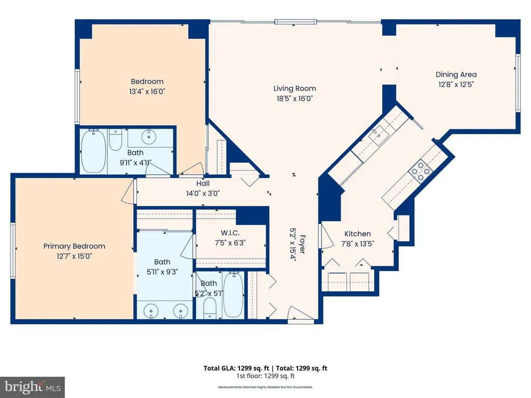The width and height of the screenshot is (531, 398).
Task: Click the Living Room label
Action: point(295,88)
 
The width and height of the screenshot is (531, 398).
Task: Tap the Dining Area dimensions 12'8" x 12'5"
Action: point(456,84)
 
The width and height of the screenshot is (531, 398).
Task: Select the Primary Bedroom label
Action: point(74,246)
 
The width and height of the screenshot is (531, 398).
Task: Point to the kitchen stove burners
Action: point(421,172)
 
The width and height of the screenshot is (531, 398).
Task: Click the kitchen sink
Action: point(379,135)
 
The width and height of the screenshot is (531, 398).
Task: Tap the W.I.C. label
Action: point(230,233)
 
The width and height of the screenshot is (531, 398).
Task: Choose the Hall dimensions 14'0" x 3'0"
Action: point(203,193)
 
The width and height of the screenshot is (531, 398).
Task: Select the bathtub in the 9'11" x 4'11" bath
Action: point(93,151)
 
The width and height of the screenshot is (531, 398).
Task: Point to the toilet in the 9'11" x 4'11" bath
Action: point(116,139)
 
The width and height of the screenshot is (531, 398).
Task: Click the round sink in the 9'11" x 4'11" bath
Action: point(148,137)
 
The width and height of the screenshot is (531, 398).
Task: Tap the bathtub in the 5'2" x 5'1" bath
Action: point(233,294)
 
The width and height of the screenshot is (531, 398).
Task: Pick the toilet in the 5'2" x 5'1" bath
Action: point(210,308)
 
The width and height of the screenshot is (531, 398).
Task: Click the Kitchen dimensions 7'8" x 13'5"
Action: point(357,244)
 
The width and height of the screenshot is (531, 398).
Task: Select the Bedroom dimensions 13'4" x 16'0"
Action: point(147,91)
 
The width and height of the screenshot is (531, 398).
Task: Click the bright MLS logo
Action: point(33,387)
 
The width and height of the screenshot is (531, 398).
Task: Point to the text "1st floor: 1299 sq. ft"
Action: point(265,376)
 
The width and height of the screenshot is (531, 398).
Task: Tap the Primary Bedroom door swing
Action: point(128,191)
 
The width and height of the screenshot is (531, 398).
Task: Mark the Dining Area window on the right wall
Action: point(518,83)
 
